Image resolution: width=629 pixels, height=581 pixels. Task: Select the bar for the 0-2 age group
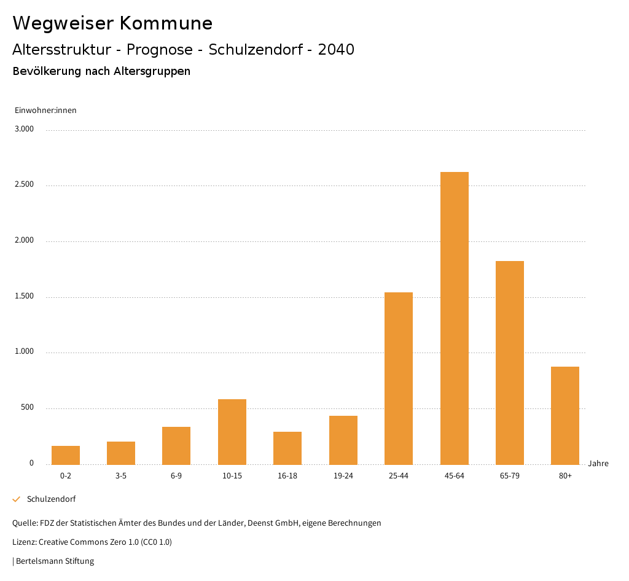click(66, 455)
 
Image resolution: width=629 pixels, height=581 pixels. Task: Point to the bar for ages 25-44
click(399, 378)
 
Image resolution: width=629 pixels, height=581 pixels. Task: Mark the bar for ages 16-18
click(287, 448)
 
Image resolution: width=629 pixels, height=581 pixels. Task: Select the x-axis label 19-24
click(343, 476)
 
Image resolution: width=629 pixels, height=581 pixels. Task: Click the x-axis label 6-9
click(176, 476)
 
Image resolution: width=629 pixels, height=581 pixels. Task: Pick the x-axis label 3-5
click(121, 476)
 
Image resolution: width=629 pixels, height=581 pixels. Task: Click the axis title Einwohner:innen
click(45, 111)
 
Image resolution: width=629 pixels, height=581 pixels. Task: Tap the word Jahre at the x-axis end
click(598, 464)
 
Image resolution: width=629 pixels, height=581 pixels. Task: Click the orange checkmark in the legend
click(17, 499)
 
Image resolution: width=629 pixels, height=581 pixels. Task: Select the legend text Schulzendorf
click(51, 499)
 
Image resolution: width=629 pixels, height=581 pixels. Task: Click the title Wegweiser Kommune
click(112, 23)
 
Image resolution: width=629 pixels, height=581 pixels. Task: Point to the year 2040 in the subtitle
click(336, 50)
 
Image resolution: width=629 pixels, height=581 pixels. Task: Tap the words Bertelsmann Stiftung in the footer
click(55, 561)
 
